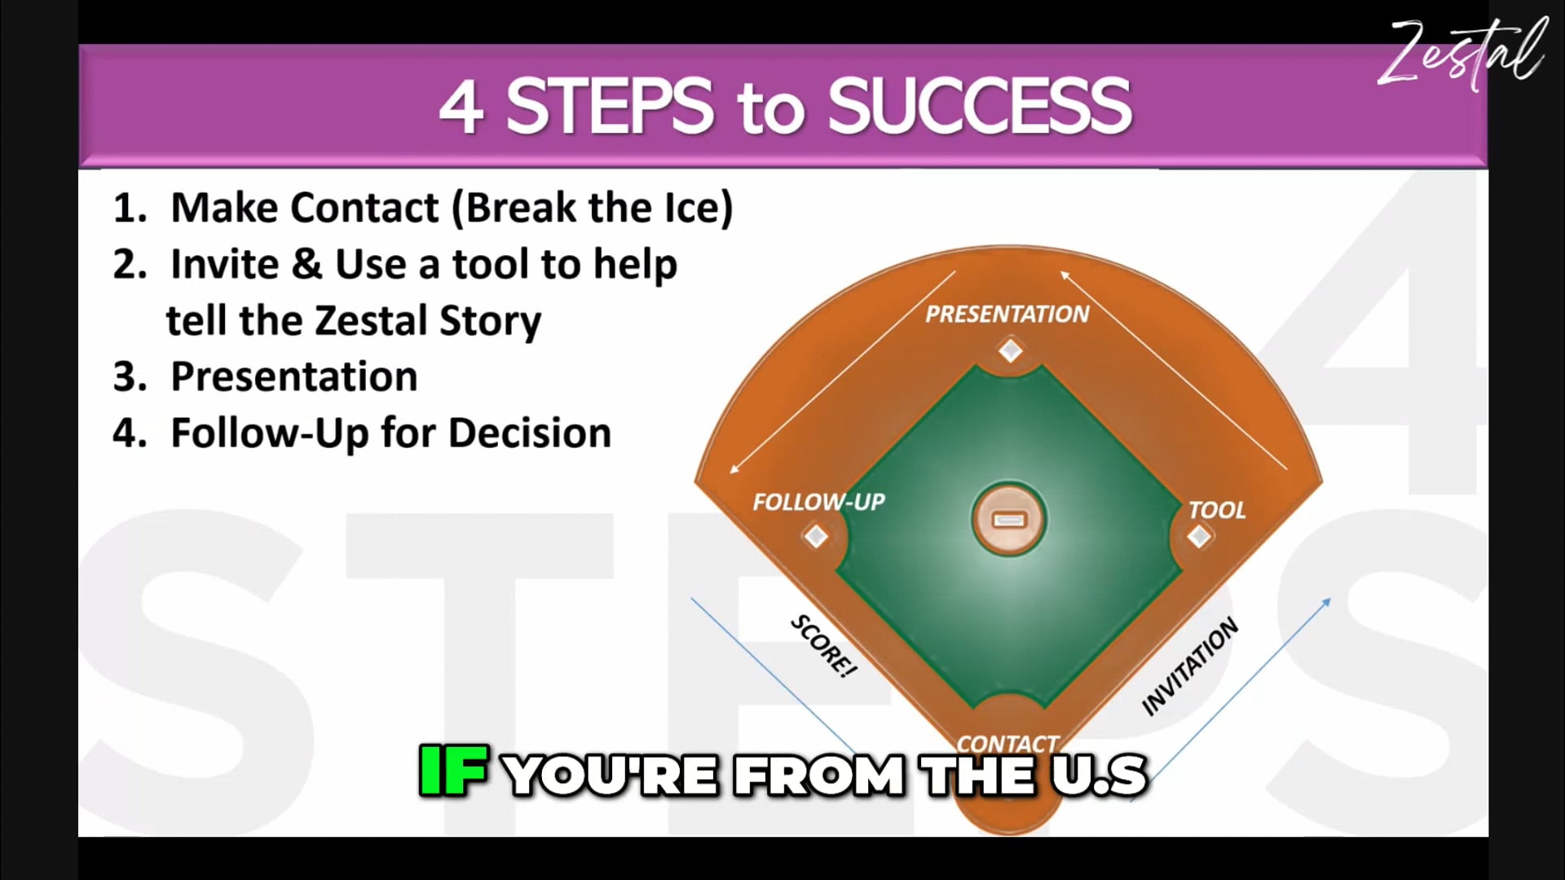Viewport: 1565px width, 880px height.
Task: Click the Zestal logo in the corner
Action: pyautogui.click(x=1463, y=53)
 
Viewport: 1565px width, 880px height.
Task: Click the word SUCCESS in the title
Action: pyautogui.click(x=979, y=107)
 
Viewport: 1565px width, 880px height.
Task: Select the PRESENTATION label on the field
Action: pyautogui.click(x=1007, y=315)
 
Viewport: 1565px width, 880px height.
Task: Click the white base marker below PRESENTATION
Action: pyautogui.click(x=1011, y=351)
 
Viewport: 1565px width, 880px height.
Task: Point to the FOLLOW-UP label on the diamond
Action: pyautogui.click(x=818, y=502)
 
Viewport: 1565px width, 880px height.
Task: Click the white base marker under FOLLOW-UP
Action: pyautogui.click(x=816, y=536)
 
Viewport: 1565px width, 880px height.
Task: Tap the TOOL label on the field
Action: pyautogui.click(x=1217, y=511)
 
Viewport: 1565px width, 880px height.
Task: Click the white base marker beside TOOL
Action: pyautogui.click(x=1198, y=536)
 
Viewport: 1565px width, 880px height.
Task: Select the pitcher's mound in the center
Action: pyautogui.click(x=1009, y=520)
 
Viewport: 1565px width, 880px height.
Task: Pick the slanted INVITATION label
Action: pyautogui.click(x=1190, y=667)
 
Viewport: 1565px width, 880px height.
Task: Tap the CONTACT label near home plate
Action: pyautogui.click(x=1007, y=743)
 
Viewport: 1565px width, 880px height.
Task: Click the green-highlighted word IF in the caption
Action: pyautogui.click(x=453, y=771)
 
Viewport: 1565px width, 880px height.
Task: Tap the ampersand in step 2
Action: pyautogui.click(x=306, y=264)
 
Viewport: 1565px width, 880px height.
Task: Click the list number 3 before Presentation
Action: pyautogui.click(x=129, y=377)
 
